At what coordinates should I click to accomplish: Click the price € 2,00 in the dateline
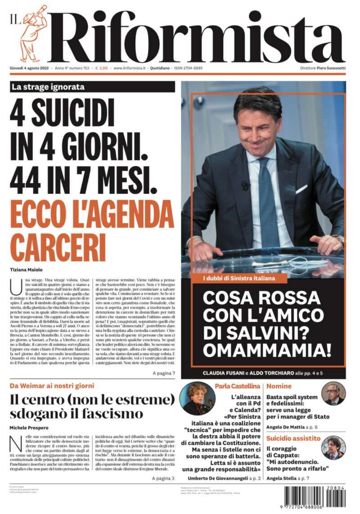pyautogui.click(x=101, y=68)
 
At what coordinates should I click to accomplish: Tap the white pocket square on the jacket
pyautogui.click(x=301, y=189)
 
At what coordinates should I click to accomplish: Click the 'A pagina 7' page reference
pyautogui.click(x=163, y=373)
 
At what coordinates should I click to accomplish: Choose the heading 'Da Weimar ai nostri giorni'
pyautogui.click(x=52, y=386)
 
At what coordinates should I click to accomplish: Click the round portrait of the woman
pyautogui.click(x=197, y=398)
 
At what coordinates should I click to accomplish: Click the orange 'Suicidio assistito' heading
pyautogui.click(x=293, y=438)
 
